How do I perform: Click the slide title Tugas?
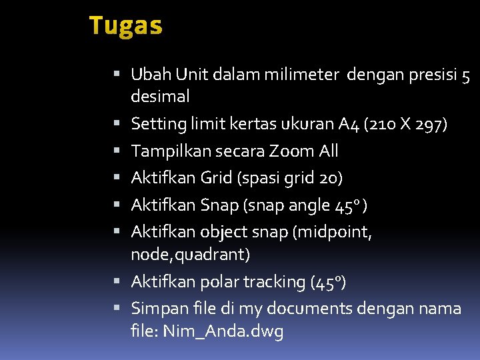pos(125,26)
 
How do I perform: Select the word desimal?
pos(160,97)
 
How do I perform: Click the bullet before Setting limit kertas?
pos(117,124)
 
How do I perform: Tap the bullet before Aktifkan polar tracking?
pos(117,282)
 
